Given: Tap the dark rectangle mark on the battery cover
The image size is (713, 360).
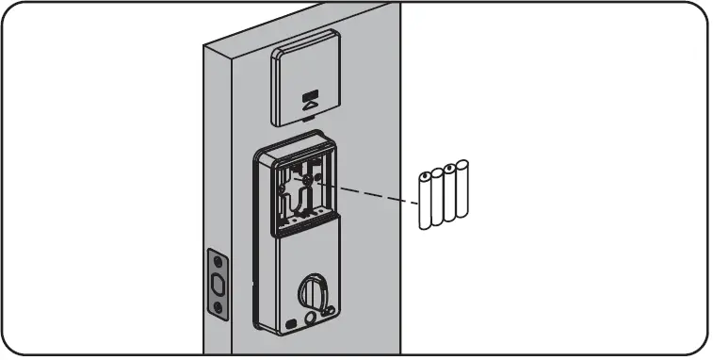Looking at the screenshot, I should coord(310,94).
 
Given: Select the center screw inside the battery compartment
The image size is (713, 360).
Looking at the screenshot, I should coord(308,176).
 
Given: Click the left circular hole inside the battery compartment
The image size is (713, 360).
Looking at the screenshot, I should coord(284,186).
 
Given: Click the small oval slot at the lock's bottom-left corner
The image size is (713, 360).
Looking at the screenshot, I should coord(290,322).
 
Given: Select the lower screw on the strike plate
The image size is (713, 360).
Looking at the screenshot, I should coord(218,306).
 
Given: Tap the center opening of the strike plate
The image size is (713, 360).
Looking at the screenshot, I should coord(218,283).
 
